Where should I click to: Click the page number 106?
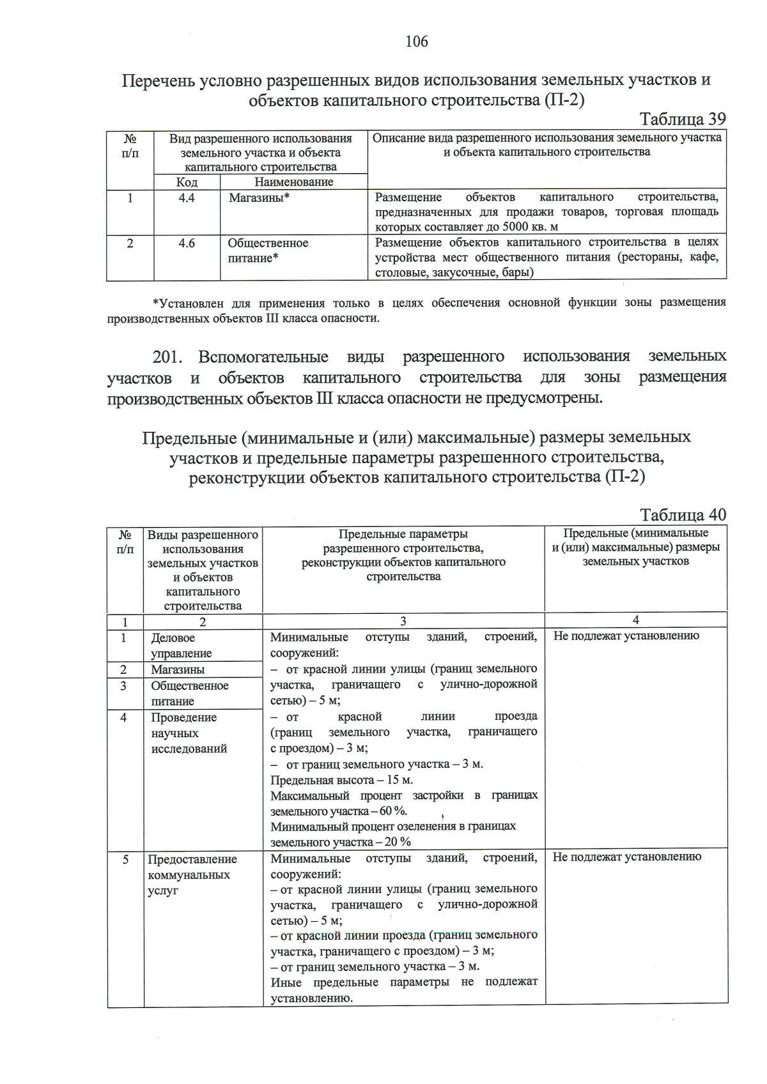coord(417,42)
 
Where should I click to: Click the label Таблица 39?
coord(682,119)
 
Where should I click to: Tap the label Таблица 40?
coord(682,515)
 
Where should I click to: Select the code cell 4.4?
coord(187,198)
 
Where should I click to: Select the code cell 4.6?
coord(187,243)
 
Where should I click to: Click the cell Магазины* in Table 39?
coord(259,198)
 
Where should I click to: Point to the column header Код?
coord(187,182)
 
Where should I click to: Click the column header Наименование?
coord(294,182)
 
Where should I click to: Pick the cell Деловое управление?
coord(182,645)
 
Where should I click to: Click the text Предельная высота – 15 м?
coord(341,780)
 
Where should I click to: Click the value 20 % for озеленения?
coord(397,842)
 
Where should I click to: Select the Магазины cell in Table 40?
coord(178,669)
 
